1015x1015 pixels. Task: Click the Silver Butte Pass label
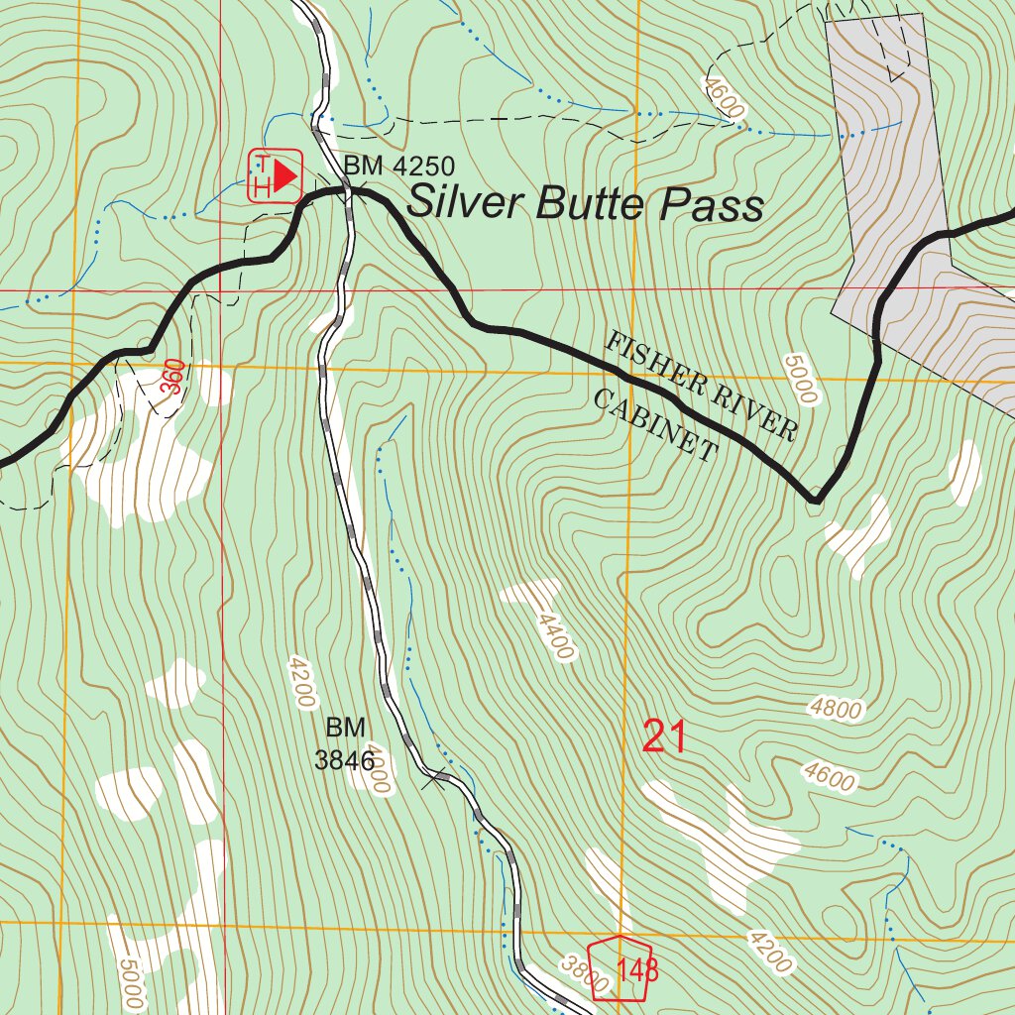coord(585,204)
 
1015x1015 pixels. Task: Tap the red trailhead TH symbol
coord(275,177)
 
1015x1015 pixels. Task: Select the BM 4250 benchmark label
coord(399,167)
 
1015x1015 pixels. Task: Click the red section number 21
coord(664,737)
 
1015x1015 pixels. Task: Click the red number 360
coord(172,378)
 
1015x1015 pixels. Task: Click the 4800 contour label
coord(836,709)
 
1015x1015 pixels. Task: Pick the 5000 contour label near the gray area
coord(800,379)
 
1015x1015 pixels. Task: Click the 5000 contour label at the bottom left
coord(132,981)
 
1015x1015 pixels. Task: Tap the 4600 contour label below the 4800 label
coord(830,778)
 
